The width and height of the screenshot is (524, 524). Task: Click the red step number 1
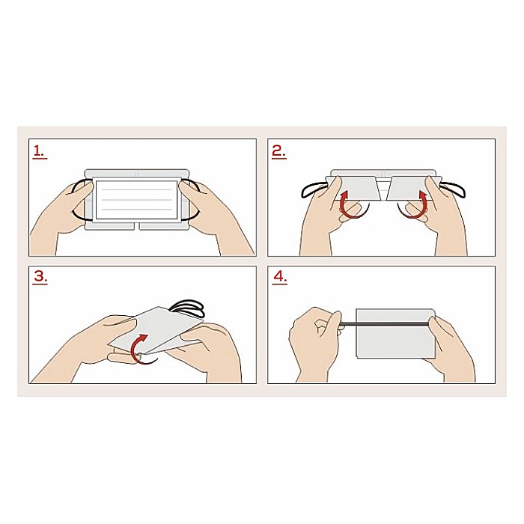click(40, 152)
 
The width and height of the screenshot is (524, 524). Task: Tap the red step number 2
click(279, 152)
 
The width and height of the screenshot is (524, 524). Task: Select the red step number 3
click(40, 278)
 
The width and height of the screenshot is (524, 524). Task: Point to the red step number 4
click(280, 278)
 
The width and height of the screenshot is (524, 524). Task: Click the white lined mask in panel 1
click(137, 200)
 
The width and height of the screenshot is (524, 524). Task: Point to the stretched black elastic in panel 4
click(384, 323)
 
